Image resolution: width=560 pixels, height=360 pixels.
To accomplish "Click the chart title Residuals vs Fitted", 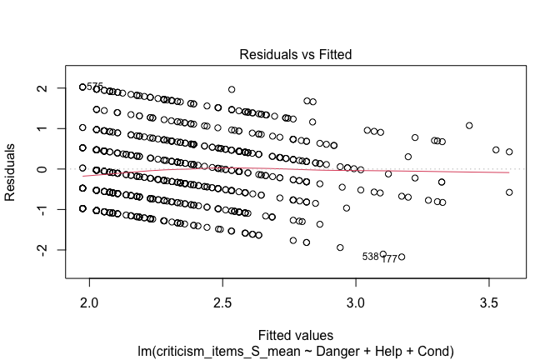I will pyautogui.click(x=296, y=55).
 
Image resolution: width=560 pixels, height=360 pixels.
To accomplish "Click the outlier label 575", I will pyautogui.click(x=95, y=87).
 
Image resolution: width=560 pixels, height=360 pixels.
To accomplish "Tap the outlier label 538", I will pyautogui.click(x=370, y=256).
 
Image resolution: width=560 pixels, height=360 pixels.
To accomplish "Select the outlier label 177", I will pyautogui.click(x=389, y=259).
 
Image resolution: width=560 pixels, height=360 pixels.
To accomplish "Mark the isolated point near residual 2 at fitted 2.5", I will pyautogui.click(x=232, y=89).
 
